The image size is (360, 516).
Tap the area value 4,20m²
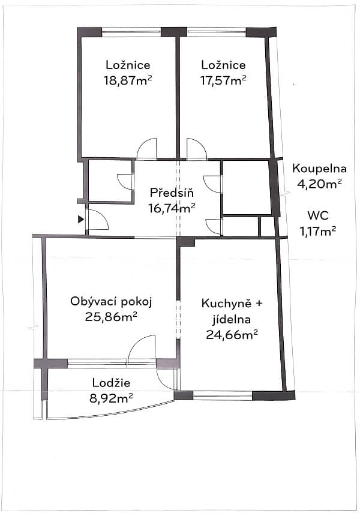coord(320,184)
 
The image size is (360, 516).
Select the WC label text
coord(318,215)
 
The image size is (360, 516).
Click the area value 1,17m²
coord(317,229)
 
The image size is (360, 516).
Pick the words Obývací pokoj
coord(111,302)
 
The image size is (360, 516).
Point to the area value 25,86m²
coord(111,316)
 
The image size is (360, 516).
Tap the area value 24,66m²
coord(232,335)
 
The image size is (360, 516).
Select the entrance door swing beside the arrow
coord(97,220)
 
